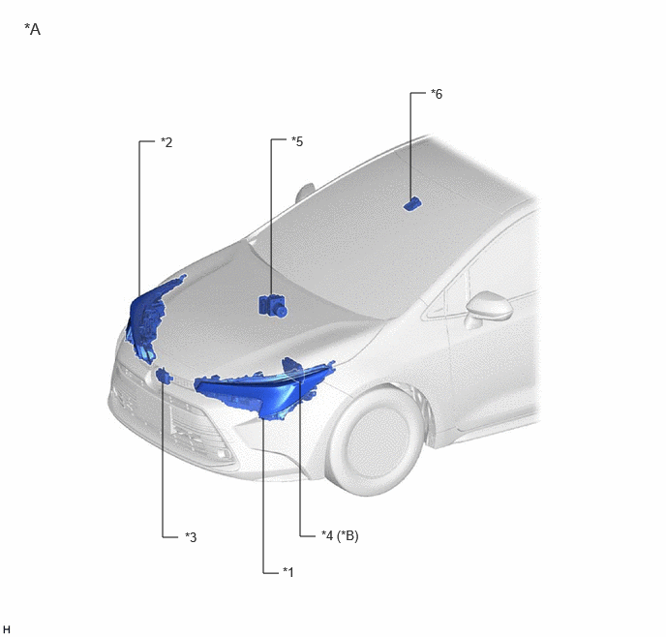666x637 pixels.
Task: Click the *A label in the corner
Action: pos(33,29)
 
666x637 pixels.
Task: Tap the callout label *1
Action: pos(288,572)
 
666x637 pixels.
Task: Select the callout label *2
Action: pos(166,142)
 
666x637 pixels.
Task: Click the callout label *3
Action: pos(191,537)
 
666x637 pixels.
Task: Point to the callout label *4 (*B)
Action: pos(340,535)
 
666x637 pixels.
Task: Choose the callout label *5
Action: pos(297,141)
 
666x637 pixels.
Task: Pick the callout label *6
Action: pos(437,94)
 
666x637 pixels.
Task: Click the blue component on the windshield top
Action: pos(412,204)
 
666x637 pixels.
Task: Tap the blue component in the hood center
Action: pos(273,305)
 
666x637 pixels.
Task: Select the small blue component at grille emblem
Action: pos(164,376)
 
